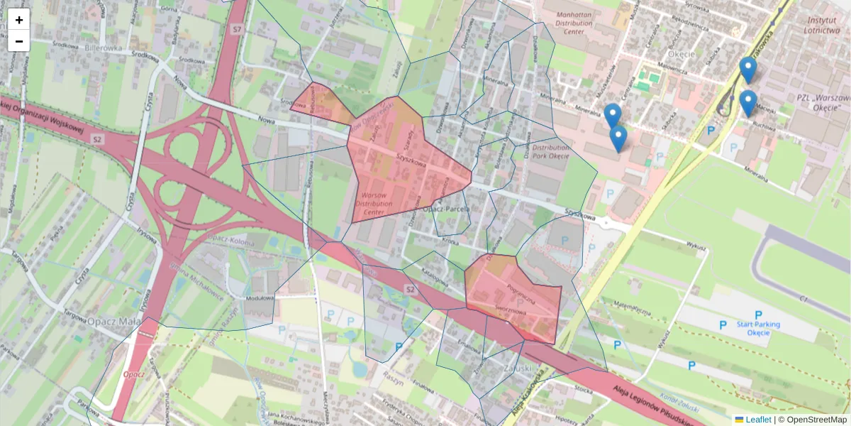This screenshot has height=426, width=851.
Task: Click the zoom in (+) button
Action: (19, 20)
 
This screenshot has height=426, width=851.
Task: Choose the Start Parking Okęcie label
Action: (758, 328)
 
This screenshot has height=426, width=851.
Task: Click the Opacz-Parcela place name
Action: (446, 209)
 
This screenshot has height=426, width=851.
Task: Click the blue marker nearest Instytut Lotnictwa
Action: (747, 70)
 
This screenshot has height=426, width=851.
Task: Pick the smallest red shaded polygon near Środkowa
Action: (321, 103)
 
